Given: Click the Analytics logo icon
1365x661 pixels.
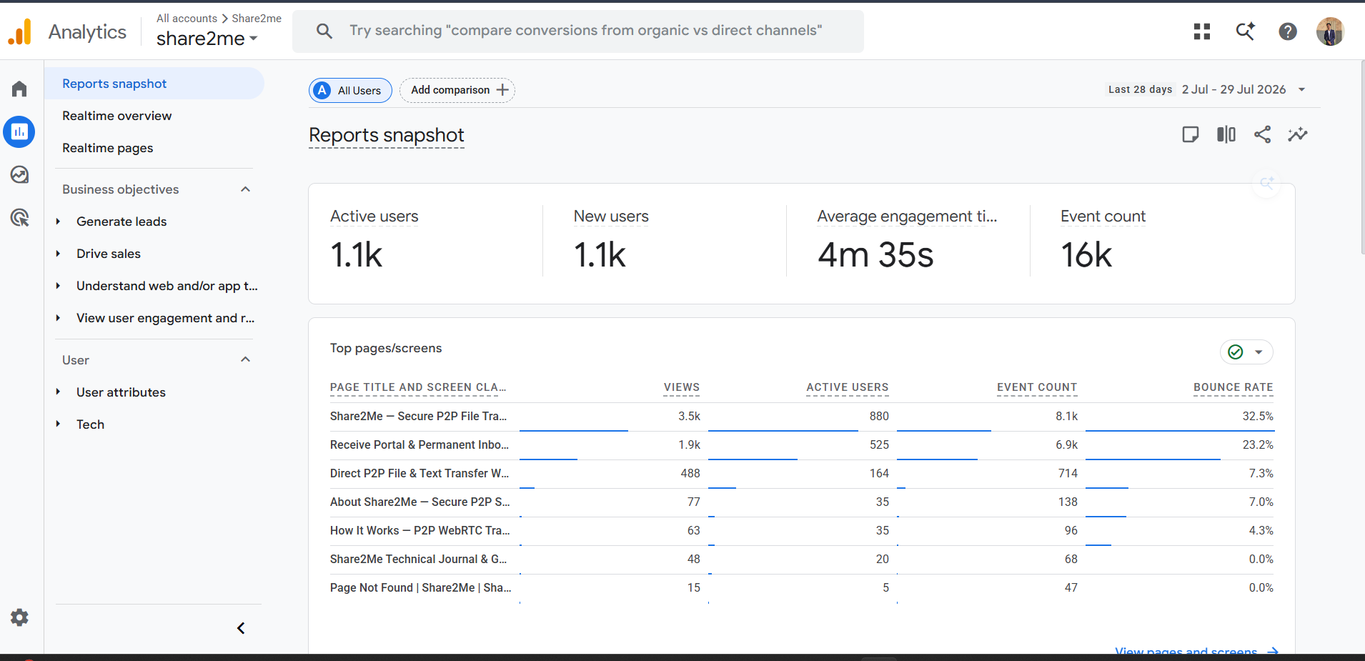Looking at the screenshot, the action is pyautogui.click(x=19, y=31).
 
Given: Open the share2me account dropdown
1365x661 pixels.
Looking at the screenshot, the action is pyautogui.click(x=207, y=39).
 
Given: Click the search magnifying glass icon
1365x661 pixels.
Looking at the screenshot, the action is pyautogui.click(x=324, y=31).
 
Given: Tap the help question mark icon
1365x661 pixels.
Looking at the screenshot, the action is pyautogui.click(x=1288, y=31).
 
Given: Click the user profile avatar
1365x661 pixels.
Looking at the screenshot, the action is pyautogui.click(x=1330, y=31).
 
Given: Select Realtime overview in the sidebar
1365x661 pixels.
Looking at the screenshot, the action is pyautogui.click(x=116, y=116).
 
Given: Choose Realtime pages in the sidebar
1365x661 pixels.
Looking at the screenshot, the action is pyautogui.click(x=107, y=148).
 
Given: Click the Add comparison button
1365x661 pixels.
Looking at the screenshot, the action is pyautogui.click(x=457, y=90).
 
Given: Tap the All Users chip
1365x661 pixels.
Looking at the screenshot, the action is pyautogui.click(x=350, y=90).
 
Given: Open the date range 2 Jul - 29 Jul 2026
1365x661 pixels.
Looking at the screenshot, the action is pyautogui.click(x=1234, y=89).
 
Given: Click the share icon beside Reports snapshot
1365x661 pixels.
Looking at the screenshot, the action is pyautogui.click(x=1262, y=134).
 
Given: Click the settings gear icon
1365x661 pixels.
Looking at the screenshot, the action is pyautogui.click(x=19, y=617).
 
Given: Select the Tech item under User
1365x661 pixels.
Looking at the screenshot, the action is pyautogui.click(x=90, y=424).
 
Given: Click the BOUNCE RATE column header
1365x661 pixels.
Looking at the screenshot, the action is pyautogui.click(x=1233, y=387).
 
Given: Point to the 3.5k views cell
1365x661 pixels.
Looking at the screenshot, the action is pyautogui.click(x=689, y=416).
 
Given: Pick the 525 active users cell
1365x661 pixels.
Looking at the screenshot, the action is pyautogui.click(x=879, y=444).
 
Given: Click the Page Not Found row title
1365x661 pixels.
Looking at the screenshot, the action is pyautogui.click(x=420, y=587).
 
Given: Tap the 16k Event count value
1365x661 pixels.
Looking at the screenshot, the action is pyautogui.click(x=1086, y=255).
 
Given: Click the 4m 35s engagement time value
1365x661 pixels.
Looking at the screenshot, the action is pyautogui.click(x=875, y=255).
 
